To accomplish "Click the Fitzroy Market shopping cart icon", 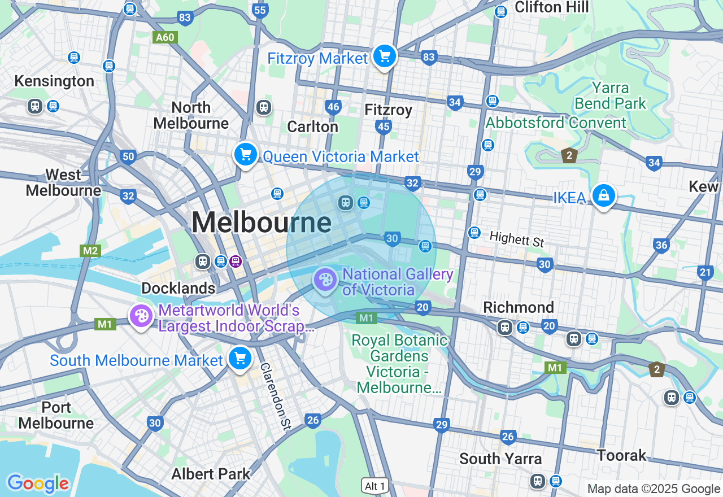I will pyautogui.click(x=385, y=56).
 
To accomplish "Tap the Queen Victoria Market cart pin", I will pyautogui.click(x=246, y=154).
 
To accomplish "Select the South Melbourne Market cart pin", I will pyautogui.click(x=240, y=358).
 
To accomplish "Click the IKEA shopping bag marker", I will pyautogui.click(x=603, y=195).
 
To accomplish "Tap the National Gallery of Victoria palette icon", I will pyautogui.click(x=325, y=280).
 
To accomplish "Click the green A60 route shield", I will pyautogui.click(x=165, y=37).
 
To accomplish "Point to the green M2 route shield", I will pyautogui.click(x=90, y=251).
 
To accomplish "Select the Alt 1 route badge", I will pyautogui.click(x=375, y=486).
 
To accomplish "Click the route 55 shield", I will pyautogui.click(x=260, y=10).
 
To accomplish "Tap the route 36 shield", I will pyautogui.click(x=661, y=245).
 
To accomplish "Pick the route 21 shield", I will pyautogui.click(x=705, y=273).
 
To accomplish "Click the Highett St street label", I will pyautogui.click(x=516, y=239).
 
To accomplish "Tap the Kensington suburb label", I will pyautogui.click(x=54, y=81).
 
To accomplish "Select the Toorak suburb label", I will pyautogui.click(x=622, y=455).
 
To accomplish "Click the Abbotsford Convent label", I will pyautogui.click(x=556, y=123).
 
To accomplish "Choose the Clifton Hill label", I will pyautogui.click(x=552, y=7).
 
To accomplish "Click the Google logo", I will pyautogui.click(x=38, y=483).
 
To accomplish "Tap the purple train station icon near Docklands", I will pyautogui.click(x=236, y=261).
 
